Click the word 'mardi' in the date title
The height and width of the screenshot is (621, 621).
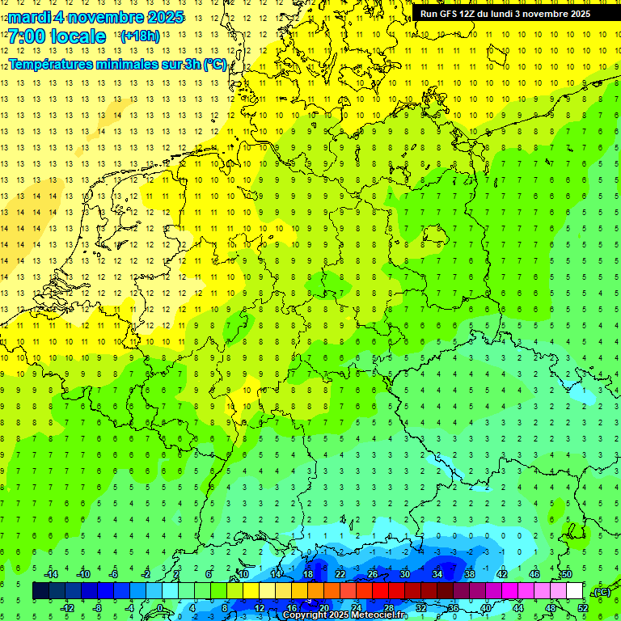[x=28, y=17]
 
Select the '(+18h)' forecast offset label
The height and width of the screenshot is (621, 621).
[x=140, y=36]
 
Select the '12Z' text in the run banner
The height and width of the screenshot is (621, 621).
[x=470, y=14]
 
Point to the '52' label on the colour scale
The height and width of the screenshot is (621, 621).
[x=583, y=607]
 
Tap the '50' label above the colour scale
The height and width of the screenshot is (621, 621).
[x=566, y=574]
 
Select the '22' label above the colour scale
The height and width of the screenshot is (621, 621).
[x=340, y=574]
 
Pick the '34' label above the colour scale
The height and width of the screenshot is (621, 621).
[x=437, y=574]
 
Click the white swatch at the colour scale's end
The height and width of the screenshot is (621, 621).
[x=574, y=590]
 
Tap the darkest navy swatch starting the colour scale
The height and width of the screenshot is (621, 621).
[x=40, y=590]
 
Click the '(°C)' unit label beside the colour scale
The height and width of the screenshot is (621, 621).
[x=601, y=592]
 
